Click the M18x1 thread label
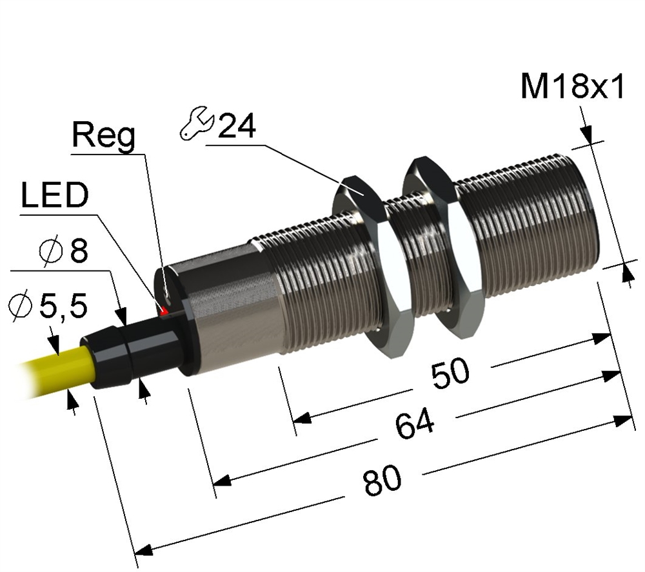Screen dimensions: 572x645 pos(573,88)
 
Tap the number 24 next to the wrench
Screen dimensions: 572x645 pos(236,126)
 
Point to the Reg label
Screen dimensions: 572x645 pos(103,137)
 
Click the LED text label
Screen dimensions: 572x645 pos(54,197)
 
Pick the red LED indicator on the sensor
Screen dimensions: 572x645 pos(164,311)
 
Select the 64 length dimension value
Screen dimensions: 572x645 pos(415,425)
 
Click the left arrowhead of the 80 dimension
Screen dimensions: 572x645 pos(143,551)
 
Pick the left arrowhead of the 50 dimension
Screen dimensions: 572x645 pos(303,418)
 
